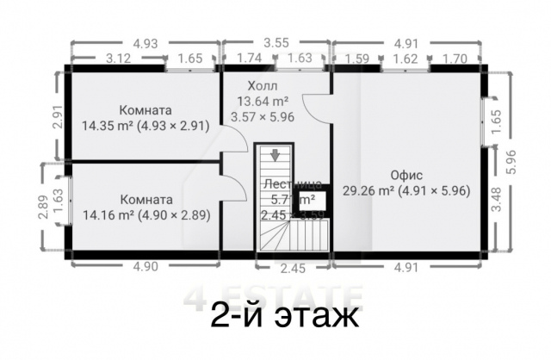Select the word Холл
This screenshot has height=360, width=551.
click(x=263, y=85)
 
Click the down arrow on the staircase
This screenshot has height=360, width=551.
click(x=274, y=156)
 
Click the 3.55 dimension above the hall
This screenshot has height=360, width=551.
click(x=275, y=42)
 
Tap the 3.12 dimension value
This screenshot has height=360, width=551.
click(x=118, y=59)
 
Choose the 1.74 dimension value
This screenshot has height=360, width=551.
click(x=250, y=59)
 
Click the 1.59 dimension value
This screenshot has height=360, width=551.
click(x=358, y=59)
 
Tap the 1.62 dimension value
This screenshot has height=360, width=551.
click(x=406, y=59)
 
